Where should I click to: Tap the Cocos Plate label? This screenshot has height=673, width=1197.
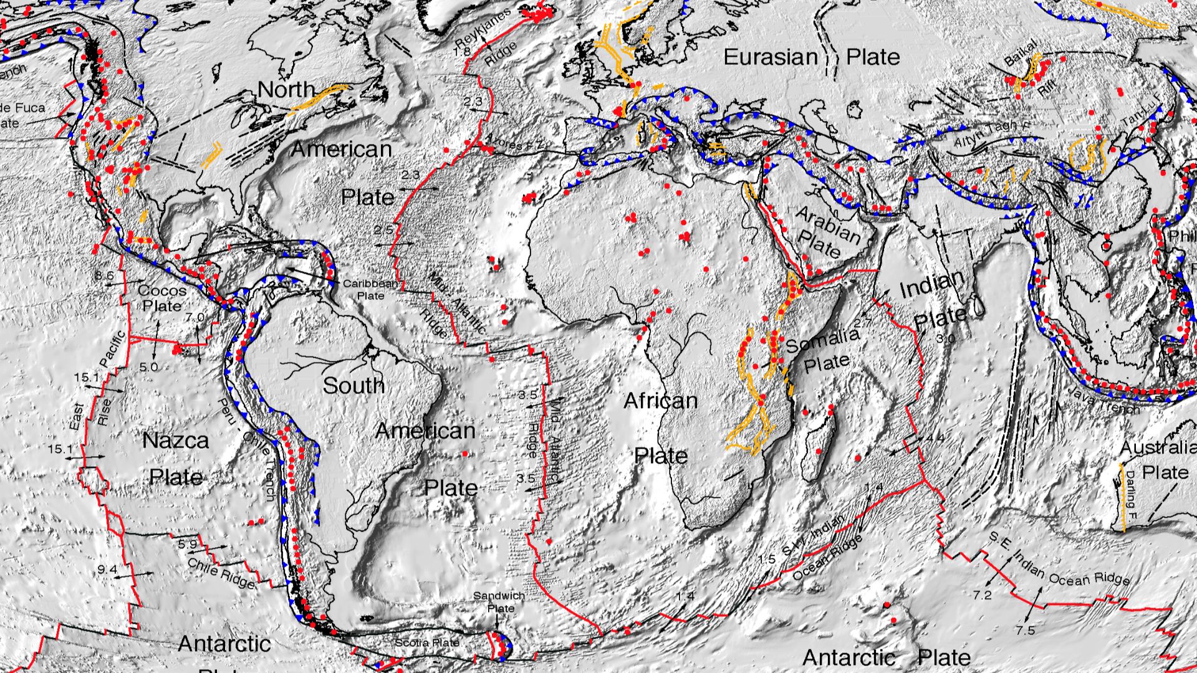point(162,298)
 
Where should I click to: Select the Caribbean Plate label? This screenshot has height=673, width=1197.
point(370,289)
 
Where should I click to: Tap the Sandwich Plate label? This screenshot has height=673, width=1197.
point(499,602)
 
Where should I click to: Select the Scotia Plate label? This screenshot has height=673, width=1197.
point(428,642)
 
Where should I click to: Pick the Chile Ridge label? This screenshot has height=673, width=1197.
point(221,573)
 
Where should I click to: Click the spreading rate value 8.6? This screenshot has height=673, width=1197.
point(104,275)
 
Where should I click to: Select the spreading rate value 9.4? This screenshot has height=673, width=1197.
point(107,569)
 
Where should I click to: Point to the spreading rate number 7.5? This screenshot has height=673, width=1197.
point(1025,631)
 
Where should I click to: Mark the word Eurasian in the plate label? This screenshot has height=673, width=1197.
point(770,57)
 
